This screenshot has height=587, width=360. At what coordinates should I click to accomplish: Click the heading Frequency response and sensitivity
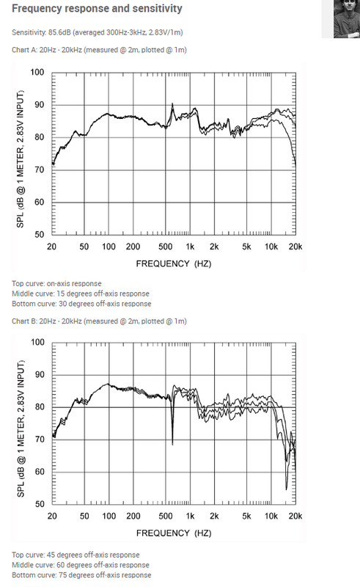point(97,9)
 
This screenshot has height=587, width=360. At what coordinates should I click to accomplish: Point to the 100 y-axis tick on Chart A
point(37,72)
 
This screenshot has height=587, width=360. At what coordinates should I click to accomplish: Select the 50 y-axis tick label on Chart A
point(40,235)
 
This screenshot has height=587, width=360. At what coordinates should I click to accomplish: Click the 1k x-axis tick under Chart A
point(190,247)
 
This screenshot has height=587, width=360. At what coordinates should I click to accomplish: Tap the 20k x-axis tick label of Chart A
point(295,247)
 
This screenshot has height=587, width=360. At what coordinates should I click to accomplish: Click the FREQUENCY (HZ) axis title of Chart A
point(174,264)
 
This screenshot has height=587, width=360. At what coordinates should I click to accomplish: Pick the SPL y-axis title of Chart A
point(21,158)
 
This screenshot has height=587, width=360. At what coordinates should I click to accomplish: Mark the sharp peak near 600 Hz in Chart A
point(172,103)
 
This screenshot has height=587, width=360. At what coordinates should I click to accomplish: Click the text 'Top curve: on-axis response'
point(56,284)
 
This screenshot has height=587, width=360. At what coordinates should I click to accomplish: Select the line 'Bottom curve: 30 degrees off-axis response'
point(81,304)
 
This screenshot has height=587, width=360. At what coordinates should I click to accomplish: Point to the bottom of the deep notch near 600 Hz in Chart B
point(172,445)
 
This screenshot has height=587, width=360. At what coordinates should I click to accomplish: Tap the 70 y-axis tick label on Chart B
point(40,440)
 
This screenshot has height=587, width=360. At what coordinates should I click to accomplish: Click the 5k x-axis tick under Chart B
point(246,517)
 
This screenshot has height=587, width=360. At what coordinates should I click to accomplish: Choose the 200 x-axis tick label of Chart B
point(133,517)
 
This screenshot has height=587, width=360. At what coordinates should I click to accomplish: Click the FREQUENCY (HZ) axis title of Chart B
point(174,533)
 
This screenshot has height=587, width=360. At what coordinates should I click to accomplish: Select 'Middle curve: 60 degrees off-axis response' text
point(81,565)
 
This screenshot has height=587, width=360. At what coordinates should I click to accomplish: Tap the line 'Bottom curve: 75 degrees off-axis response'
point(81,575)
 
